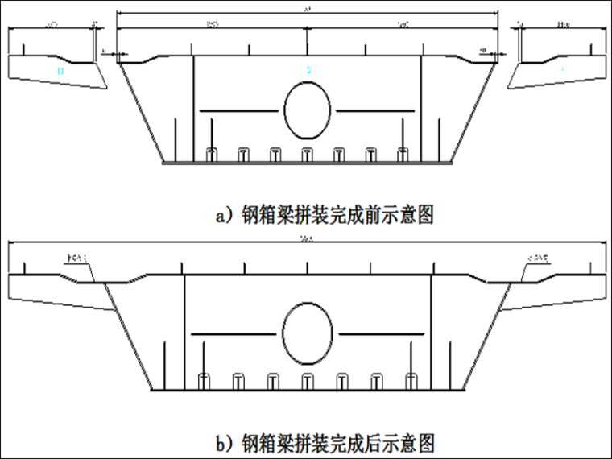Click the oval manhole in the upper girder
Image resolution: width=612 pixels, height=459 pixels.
click(x=307, y=110)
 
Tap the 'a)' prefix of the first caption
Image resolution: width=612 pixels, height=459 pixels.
click(x=224, y=216)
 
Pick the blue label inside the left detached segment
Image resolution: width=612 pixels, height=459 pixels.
click(x=60, y=72)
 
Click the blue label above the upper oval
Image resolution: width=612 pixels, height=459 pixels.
click(x=308, y=71)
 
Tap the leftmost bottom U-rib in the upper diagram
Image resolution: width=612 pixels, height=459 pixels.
click(x=211, y=155)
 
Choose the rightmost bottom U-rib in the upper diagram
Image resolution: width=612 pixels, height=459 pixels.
click(x=403, y=155)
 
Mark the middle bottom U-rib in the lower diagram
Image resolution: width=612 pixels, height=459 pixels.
click(x=307, y=380)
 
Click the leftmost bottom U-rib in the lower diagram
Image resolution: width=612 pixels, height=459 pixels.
click(x=205, y=380)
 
